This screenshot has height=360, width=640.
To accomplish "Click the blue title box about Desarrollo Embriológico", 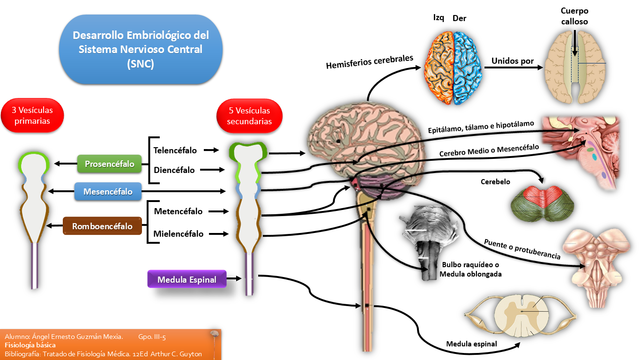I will coord(140,49).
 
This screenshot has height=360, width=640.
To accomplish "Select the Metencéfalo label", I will coord(179,212).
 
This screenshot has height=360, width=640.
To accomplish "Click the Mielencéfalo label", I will coord(179,234).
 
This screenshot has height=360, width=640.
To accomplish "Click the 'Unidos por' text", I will coord(512,60).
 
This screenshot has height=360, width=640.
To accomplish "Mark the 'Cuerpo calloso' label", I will coord(581,16).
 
